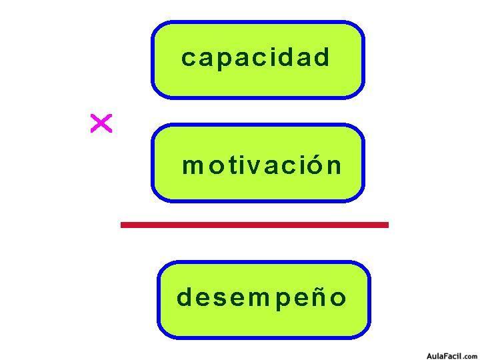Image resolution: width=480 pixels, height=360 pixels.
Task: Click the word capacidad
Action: pyautogui.click(x=255, y=58)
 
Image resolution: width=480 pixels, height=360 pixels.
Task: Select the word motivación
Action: pyautogui.click(x=261, y=165)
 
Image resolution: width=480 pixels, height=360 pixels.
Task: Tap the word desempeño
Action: pyautogui.click(x=261, y=297)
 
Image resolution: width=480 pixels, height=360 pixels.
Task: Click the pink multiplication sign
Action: pyautogui.click(x=101, y=123)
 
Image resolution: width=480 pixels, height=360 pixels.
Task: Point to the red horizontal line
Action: pyautogui.click(x=254, y=225)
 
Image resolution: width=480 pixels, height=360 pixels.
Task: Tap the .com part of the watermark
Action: pyautogui.click(x=471, y=356)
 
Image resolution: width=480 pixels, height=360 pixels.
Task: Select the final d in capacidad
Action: pyautogui.click(x=323, y=57)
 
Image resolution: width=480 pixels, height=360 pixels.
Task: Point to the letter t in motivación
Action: pyautogui.click(x=228, y=165)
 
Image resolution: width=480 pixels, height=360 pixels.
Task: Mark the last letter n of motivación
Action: pyautogui.click(x=334, y=166)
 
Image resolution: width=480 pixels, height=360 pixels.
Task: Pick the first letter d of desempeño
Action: pyautogui.click(x=184, y=297)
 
